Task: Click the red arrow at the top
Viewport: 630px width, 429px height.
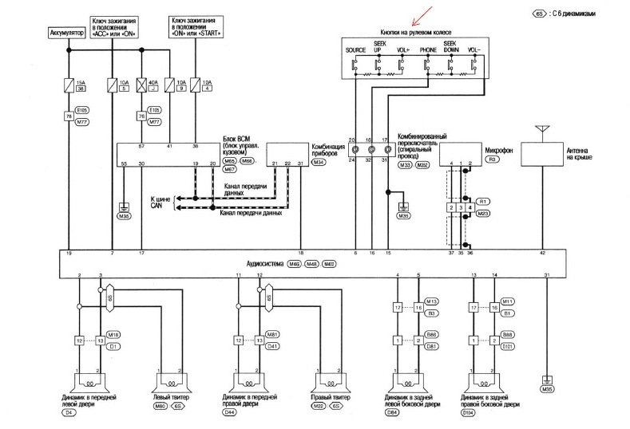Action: coord(418,14)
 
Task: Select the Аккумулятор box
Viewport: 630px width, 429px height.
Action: coord(68,34)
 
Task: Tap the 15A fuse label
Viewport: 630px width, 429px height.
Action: coord(80,80)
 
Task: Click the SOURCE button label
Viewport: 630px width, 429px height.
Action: coord(355,49)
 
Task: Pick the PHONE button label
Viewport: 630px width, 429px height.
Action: coord(429,49)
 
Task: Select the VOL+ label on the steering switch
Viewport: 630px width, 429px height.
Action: coord(404,49)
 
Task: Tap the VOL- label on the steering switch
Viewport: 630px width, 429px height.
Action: coord(474,49)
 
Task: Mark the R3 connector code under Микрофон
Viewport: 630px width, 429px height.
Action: coord(493,159)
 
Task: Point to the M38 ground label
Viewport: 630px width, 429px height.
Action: coord(124,216)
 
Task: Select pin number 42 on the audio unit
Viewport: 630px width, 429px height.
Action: coord(543,252)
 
